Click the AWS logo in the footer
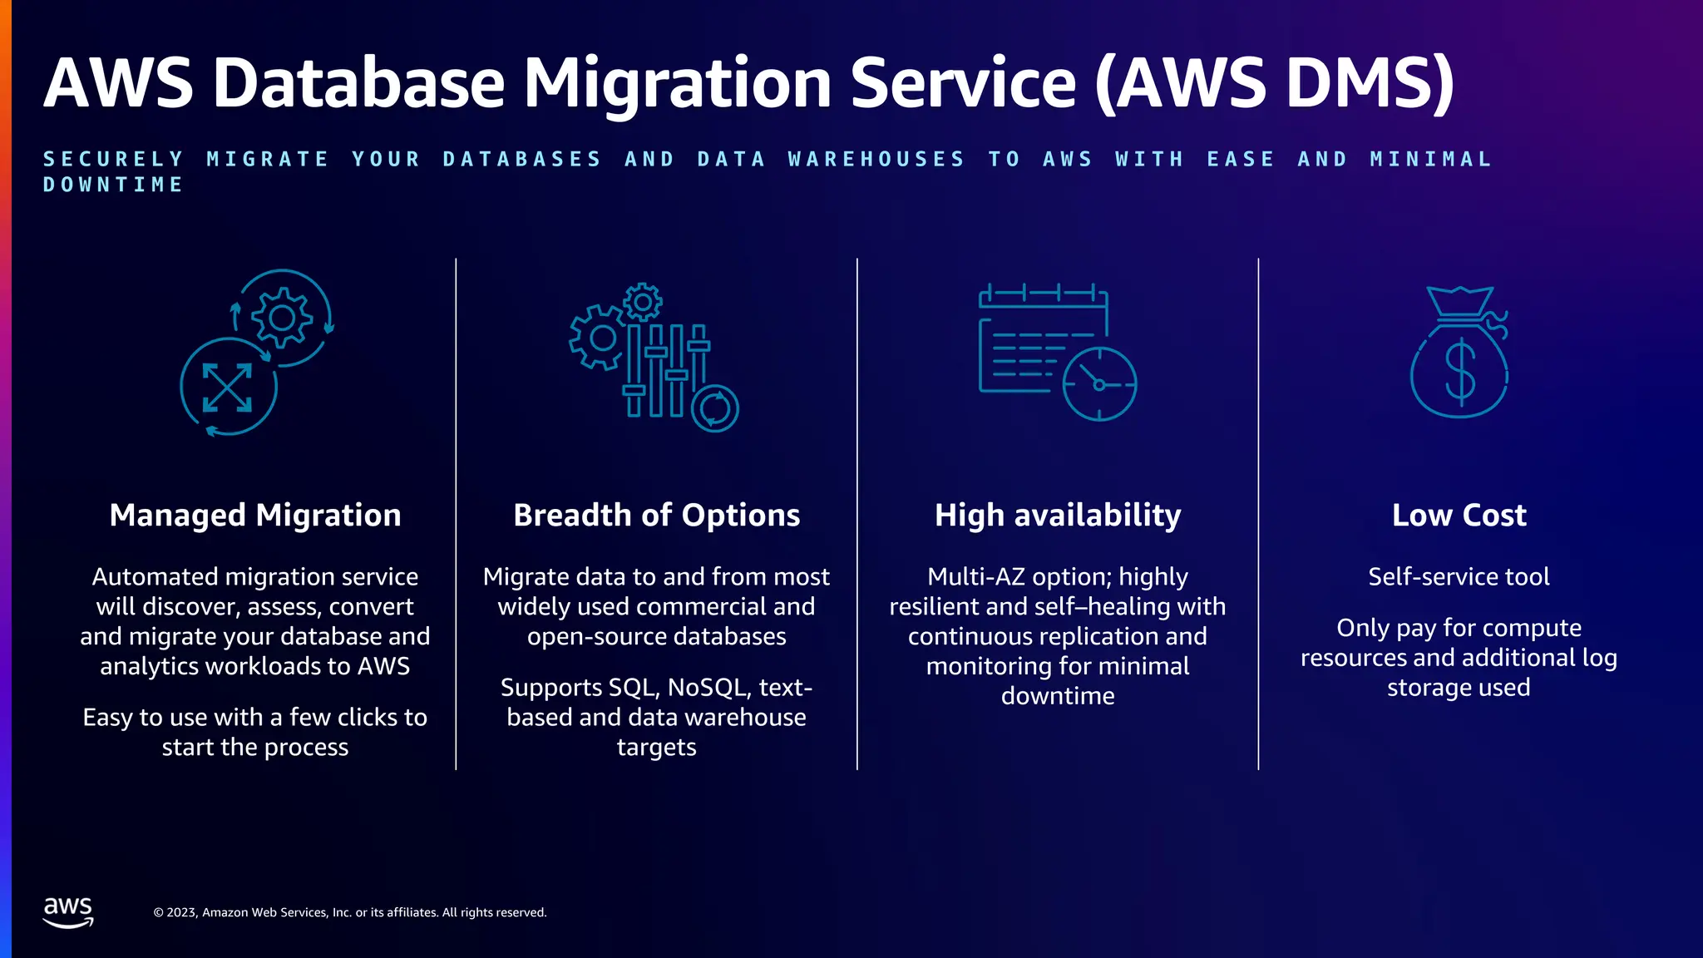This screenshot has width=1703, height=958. [x=68, y=912]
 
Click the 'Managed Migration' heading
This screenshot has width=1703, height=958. [x=255, y=516]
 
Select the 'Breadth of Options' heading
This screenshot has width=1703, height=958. [x=656, y=516]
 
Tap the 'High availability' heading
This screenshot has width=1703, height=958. [x=1058, y=516]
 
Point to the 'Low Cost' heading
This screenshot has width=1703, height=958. [x=1459, y=516]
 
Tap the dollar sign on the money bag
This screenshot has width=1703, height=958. [x=1460, y=372]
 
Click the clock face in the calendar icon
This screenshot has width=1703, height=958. [x=1099, y=384]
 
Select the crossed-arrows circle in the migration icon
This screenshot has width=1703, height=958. [x=228, y=387]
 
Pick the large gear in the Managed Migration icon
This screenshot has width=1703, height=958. [x=282, y=318]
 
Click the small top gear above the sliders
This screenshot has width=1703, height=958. [x=643, y=302]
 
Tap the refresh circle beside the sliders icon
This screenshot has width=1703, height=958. [x=714, y=408]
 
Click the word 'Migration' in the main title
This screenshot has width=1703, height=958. [x=678, y=83]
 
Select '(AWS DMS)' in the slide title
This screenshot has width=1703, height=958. [x=1274, y=83]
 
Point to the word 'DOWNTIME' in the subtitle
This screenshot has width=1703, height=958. [x=113, y=185]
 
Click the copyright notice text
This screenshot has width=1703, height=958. [x=350, y=912]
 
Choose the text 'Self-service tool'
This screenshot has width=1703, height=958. [x=1459, y=576]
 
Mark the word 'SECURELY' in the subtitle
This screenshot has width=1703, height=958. [x=113, y=159]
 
